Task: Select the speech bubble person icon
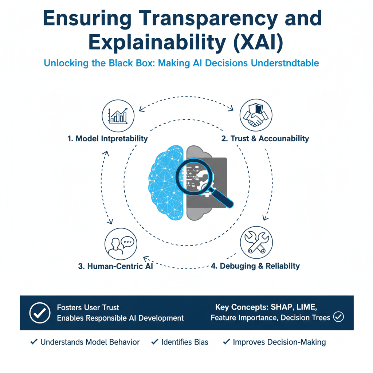pyautogui.click(x=121, y=244)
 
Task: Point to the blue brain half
pyautogui.click(x=166, y=182)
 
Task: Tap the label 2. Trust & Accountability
pyautogui.click(x=265, y=138)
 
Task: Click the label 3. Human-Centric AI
pyautogui.click(x=115, y=266)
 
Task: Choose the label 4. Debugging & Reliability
pyautogui.click(x=255, y=266)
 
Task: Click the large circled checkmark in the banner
pyautogui.click(x=39, y=313)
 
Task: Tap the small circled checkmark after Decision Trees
pyautogui.click(x=339, y=317)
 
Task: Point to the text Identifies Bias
pyautogui.click(x=184, y=342)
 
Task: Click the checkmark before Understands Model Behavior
pyautogui.click(x=34, y=342)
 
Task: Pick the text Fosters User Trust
pyautogui.click(x=88, y=307)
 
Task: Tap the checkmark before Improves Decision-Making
pyautogui.click(x=227, y=342)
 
